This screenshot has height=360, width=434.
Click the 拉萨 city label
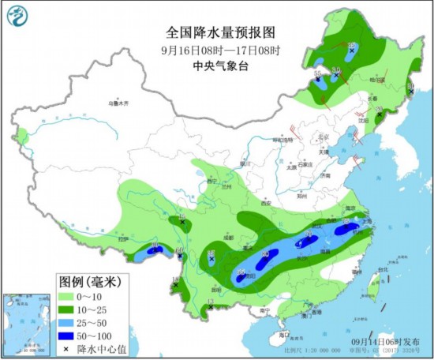pos(122,239)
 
